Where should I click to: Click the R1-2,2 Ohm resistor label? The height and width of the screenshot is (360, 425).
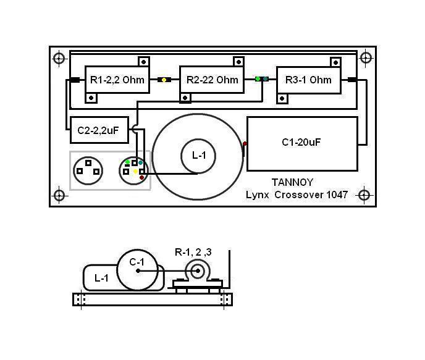(x=116, y=80)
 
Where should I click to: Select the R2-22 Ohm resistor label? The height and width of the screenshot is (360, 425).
(x=212, y=80)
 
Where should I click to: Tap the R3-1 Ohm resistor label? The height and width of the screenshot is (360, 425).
(x=308, y=80)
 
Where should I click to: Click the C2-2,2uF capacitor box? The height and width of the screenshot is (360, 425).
(x=99, y=130)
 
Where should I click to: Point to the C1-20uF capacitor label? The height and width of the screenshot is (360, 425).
(x=301, y=143)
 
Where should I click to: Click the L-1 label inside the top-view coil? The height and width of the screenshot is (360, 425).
(x=199, y=156)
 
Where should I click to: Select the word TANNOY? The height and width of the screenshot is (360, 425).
(x=292, y=182)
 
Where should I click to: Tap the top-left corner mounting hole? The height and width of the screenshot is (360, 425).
(x=59, y=59)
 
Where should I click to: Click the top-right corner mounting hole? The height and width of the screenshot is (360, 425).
(x=366, y=58)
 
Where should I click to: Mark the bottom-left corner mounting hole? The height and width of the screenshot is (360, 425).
(x=59, y=196)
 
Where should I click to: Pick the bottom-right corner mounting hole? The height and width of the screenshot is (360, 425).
(x=364, y=195)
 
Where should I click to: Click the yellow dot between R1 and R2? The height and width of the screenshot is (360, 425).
(x=164, y=80)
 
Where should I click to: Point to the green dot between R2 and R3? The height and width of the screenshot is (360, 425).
(x=258, y=79)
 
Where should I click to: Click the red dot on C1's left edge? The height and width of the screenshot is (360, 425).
(x=245, y=144)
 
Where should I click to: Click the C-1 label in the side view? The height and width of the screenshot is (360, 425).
(x=137, y=262)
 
